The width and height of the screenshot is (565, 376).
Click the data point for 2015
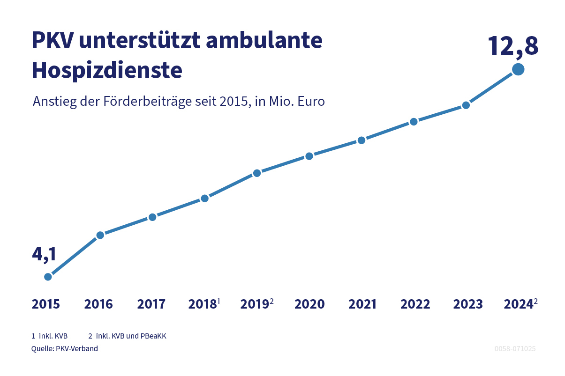[48, 277]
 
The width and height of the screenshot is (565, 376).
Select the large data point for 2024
[518, 69]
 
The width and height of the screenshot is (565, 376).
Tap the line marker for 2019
[257, 173]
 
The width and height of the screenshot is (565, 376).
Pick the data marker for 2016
[100, 235]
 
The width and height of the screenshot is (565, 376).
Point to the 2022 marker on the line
[414, 122]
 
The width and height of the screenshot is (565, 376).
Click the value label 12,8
[513, 46]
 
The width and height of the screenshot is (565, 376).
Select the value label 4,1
[44, 254]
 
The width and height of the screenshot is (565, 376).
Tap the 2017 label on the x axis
[151, 304]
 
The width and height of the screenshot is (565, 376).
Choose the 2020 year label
[309, 304]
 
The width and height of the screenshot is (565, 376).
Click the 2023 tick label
[467, 304]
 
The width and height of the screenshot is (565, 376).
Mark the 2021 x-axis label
[362, 304]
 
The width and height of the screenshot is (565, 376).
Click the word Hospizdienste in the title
[107, 71]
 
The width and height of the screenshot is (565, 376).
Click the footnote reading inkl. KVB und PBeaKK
[131, 336]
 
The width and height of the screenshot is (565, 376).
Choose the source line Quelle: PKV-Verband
[65, 349]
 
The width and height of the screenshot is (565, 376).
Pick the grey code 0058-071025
[515, 349]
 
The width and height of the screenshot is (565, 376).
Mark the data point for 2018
[204, 199]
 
